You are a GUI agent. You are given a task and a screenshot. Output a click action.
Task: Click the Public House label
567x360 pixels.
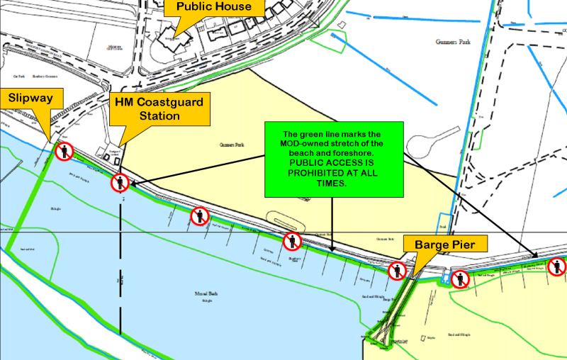pos(213,7)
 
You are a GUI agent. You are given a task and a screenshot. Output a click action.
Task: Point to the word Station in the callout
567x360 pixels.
pos(159,115)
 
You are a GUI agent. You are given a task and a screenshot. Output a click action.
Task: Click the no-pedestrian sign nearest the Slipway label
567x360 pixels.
pos(66,150)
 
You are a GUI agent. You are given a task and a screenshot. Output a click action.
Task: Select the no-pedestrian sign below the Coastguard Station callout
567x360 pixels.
pos(120,183)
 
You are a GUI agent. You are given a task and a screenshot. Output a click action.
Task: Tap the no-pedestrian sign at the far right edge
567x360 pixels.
pos(558,266)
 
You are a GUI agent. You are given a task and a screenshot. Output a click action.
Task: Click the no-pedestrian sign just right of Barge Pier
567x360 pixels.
pos(461,279)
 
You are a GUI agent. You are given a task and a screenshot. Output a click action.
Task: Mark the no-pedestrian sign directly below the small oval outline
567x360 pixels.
pos(292,242)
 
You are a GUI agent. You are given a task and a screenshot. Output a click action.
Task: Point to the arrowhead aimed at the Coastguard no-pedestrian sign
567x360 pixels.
pos(132,183)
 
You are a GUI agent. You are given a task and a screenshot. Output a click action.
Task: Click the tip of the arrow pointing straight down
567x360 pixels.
pos(332,249)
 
